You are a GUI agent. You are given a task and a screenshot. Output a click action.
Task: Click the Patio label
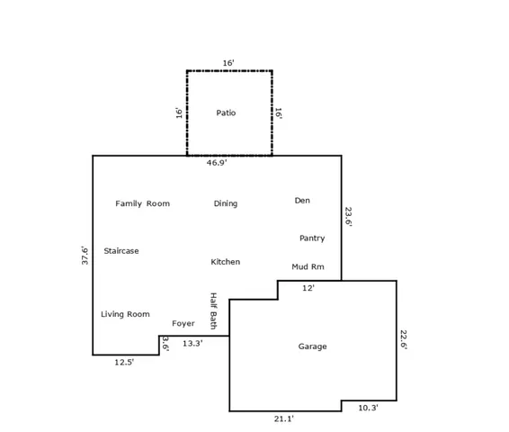tap(226, 112)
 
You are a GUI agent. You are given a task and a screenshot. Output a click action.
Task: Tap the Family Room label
tap(142, 203)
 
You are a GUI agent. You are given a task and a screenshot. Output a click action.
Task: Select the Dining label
tap(226, 203)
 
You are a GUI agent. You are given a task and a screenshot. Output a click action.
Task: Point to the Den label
tap(302, 200)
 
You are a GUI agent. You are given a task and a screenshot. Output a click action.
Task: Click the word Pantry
tap(312, 238)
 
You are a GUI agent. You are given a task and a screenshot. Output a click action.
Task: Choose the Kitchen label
tap(226, 261)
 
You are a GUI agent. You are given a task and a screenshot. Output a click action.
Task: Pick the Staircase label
tap(121, 250)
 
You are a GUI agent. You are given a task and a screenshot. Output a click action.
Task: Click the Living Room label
tap(125, 313)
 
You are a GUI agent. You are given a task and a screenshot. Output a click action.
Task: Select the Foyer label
tap(183, 323)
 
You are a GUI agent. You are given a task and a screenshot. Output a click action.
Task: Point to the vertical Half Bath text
tap(214, 310)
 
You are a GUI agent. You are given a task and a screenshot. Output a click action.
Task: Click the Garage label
tap(313, 346)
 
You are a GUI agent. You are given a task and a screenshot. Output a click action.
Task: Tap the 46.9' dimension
tap(217, 163)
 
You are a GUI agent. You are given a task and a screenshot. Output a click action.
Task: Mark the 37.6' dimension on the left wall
tap(85, 255)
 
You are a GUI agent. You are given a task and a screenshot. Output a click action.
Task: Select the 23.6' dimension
tap(348, 217)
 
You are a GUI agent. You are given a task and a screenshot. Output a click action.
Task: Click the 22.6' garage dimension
tap(404, 339)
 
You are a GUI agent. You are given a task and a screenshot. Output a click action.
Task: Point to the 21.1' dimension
tap(283, 418)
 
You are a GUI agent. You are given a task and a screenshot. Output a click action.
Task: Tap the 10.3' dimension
tap(368, 408)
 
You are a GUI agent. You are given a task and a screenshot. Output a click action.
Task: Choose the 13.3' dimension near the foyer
tap(192, 343)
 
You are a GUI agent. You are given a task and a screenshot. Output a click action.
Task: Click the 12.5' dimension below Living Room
tap(124, 362)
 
